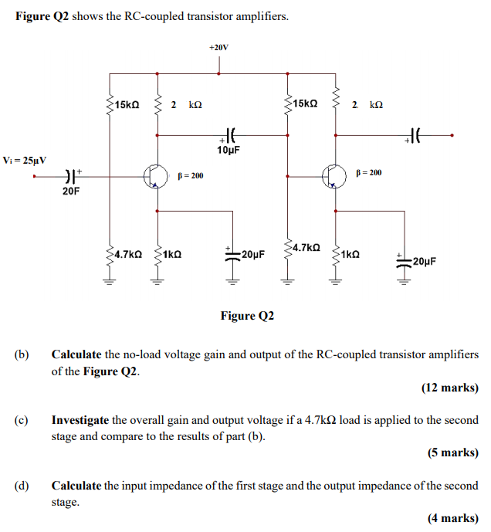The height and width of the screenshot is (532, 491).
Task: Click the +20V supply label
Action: point(218,47)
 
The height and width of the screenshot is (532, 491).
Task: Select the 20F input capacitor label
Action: point(70,190)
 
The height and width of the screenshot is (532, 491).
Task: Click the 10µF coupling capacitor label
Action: point(229,150)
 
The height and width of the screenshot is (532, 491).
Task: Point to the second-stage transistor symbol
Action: point(335,177)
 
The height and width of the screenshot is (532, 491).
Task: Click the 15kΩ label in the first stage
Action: point(126,104)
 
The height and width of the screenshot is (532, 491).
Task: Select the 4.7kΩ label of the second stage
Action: point(306,247)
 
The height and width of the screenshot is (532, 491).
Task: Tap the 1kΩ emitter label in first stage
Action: point(173,253)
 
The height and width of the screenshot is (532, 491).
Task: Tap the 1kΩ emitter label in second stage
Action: point(350,253)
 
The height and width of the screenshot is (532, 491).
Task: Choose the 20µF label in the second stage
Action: point(425,261)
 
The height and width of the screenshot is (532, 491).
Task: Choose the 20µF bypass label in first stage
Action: point(252,253)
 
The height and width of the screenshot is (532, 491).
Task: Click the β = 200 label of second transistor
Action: point(368,172)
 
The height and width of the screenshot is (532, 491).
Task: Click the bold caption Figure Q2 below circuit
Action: point(247,316)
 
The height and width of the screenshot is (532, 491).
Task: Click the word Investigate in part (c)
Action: point(80,421)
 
